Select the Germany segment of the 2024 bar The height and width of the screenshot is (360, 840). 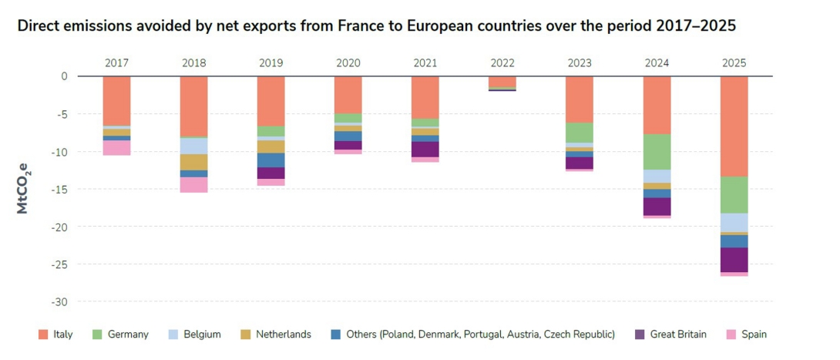[657, 152]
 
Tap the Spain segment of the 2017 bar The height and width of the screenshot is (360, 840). [117, 148]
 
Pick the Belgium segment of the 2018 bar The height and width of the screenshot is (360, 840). [194, 146]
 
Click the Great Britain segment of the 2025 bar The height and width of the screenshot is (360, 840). [734, 260]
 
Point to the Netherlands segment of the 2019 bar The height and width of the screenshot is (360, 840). [271, 146]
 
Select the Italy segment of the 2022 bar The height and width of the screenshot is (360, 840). [502, 81]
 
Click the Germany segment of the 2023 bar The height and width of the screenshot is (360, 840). [580, 133]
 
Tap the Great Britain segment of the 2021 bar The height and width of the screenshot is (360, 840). [425, 150]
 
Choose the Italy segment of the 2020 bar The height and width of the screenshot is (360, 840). [348, 94]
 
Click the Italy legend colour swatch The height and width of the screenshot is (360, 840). [44, 335]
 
